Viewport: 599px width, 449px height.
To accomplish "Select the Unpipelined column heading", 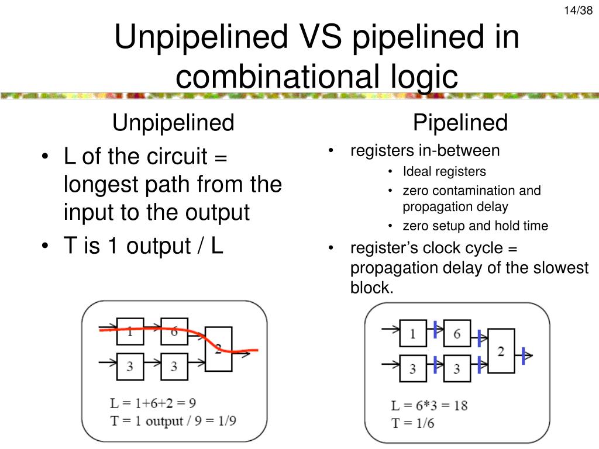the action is click(173, 123).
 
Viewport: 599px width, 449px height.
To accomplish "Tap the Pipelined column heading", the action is click(460, 123).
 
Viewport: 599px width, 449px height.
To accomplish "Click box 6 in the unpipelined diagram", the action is click(174, 331).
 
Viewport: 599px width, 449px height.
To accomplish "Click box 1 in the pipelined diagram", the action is click(413, 333).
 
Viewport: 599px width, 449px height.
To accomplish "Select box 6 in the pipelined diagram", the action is click(457, 333).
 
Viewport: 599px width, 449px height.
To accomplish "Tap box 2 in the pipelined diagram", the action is click(501, 351).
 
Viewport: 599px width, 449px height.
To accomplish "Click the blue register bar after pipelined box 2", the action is click(524, 354).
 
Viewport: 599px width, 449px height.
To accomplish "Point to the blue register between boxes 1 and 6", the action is click(436, 330).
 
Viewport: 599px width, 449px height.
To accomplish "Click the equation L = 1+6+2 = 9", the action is click(154, 403).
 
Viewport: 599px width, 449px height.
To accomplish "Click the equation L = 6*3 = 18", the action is click(429, 405).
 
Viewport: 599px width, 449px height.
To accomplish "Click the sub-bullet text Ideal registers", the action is click(444, 172).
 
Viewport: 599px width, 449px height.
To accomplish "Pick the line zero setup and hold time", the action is click(475, 226).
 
